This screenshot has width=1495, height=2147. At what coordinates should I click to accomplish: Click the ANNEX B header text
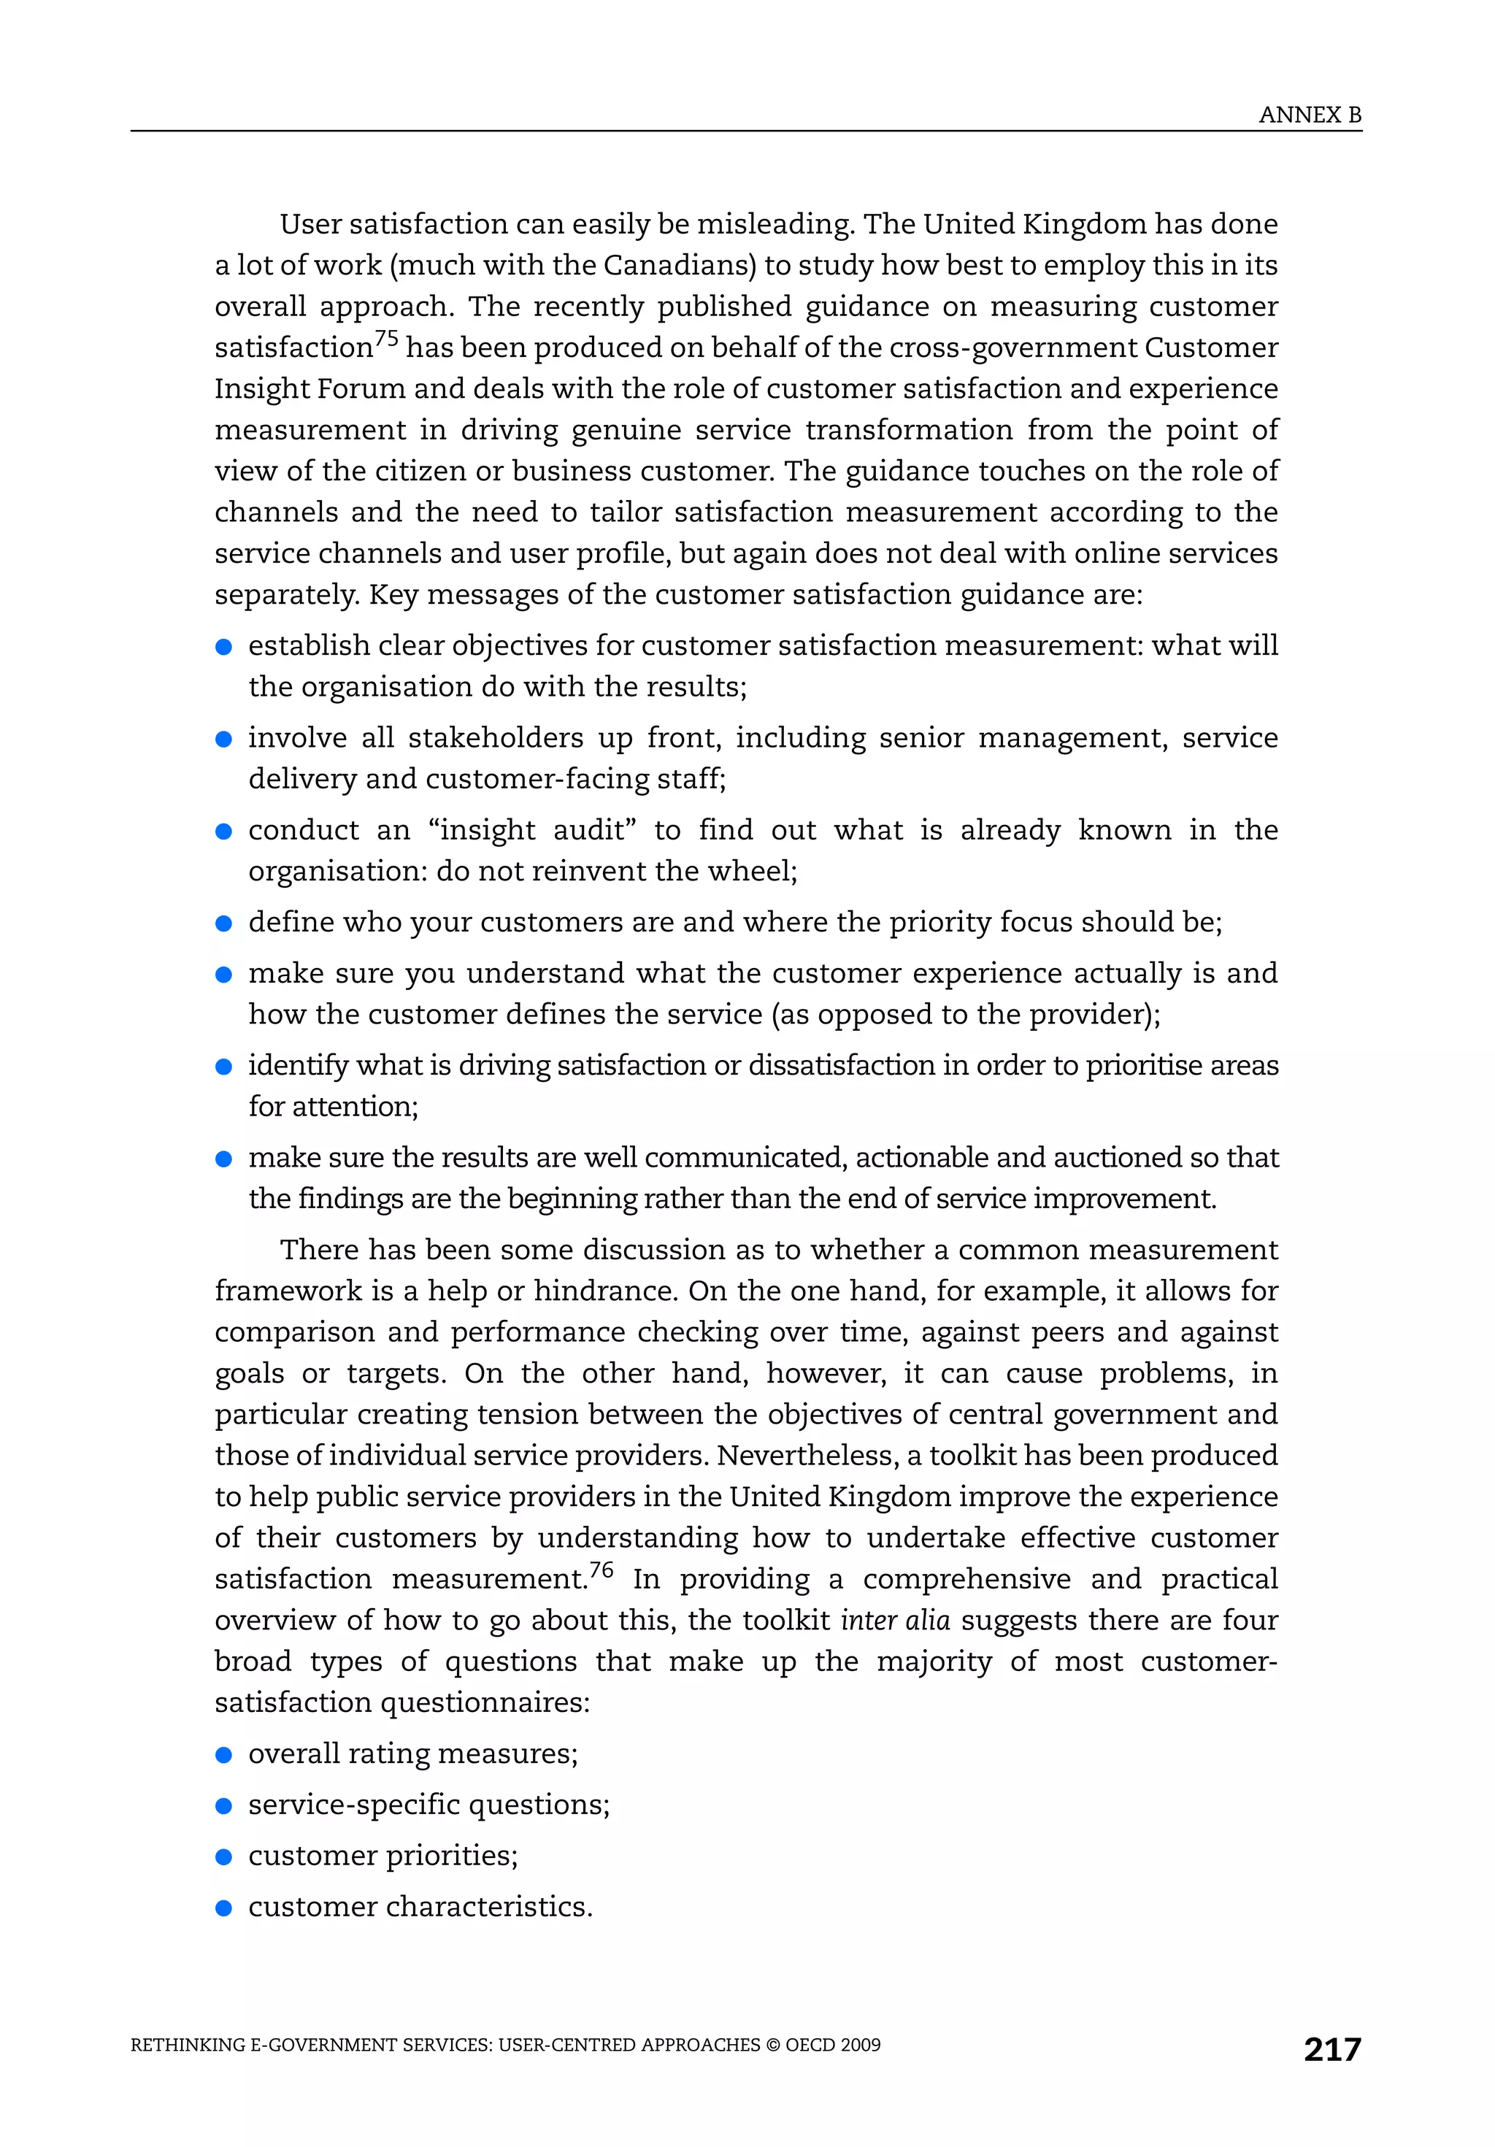point(1309,115)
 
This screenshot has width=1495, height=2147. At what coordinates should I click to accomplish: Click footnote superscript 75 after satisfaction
point(386,339)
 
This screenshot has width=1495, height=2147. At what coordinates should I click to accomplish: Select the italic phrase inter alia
point(895,1620)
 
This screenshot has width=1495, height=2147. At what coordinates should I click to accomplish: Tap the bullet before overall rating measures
point(223,1755)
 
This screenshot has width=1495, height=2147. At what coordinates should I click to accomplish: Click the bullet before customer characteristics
point(223,1908)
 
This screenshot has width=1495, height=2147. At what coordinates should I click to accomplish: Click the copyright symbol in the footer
point(773,2045)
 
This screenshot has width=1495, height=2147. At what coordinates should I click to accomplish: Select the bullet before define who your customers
point(223,924)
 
